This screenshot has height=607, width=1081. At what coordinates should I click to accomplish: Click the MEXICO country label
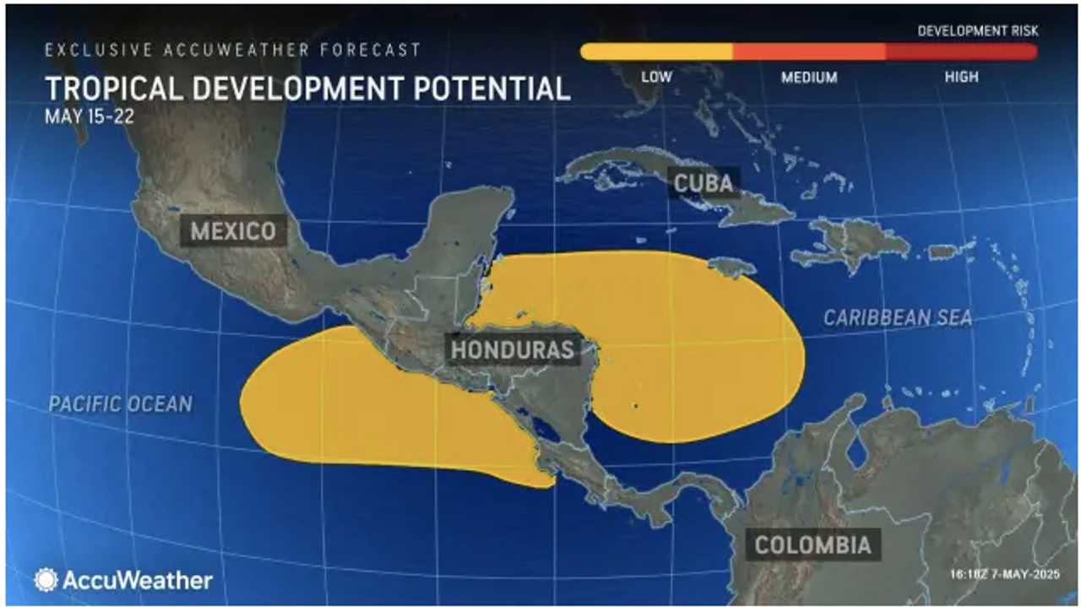[233, 230]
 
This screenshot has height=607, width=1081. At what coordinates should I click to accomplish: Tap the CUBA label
[703, 182]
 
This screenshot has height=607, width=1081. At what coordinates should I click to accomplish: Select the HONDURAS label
[513, 350]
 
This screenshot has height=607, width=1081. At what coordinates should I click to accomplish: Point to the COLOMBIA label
[812, 545]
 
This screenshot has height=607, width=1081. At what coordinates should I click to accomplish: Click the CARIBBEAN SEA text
[898, 318]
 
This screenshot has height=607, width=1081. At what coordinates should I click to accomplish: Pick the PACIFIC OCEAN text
[120, 404]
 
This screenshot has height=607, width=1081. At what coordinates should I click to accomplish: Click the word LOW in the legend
[656, 77]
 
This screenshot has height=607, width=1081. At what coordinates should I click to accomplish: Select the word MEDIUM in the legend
[809, 78]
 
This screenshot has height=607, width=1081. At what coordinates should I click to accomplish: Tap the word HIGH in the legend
[961, 77]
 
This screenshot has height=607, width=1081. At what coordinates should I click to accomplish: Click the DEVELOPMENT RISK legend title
[978, 31]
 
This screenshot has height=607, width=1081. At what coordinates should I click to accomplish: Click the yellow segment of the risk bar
[656, 51]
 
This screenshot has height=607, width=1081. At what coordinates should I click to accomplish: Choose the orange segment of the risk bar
[809, 51]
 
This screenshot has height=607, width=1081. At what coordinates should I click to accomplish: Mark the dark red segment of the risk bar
[961, 51]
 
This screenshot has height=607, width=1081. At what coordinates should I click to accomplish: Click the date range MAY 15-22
[89, 117]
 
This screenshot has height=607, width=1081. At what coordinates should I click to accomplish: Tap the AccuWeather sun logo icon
[46, 580]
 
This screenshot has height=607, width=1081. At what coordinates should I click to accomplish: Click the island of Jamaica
[731, 267]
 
